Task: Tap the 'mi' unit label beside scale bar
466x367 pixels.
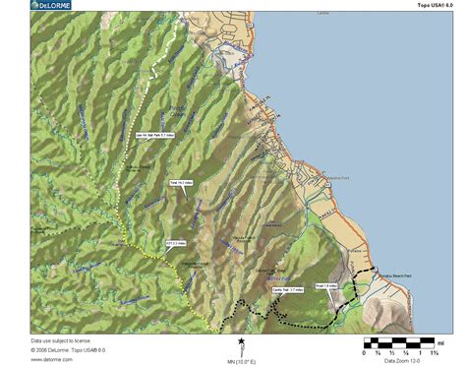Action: (442, 342)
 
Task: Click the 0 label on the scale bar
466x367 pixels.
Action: (366, 352)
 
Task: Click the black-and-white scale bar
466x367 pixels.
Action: (399, 342)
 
